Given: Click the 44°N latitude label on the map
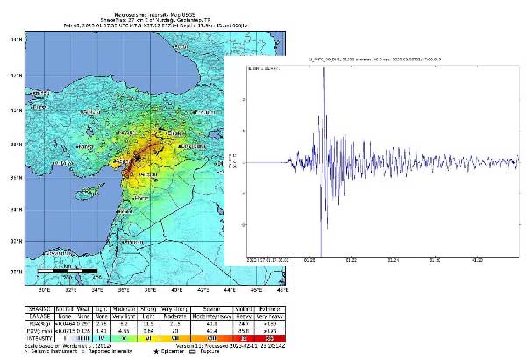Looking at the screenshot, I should pyautogui.click(x=14, y=40).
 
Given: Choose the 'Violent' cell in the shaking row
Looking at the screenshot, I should pyautogui.click(x=244, y=307).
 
